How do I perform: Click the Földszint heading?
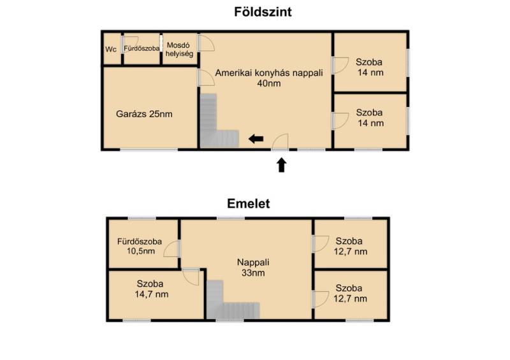coord(263,12)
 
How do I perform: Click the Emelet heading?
coord(249,204)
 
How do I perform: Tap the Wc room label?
coord(111,50)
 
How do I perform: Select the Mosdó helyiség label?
coord(179,50)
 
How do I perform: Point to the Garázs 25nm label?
coord(144,114)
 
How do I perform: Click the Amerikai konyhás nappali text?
coord(269,73)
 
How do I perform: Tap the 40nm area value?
coord(269,83)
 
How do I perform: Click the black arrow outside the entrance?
coord(282,165)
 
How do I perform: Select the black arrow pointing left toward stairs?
coord(256,139)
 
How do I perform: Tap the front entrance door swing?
coord(280,141)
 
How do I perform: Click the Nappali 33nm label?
coord(253,268)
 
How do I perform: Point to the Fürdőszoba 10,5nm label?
coord(140,246)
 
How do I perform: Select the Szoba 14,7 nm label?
coord(152,289)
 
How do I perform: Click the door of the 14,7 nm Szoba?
coord(191,277)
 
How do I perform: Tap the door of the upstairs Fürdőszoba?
coord(171,248)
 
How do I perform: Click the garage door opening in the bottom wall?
coord(149,149)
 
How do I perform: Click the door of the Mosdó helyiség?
coord(206,43)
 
